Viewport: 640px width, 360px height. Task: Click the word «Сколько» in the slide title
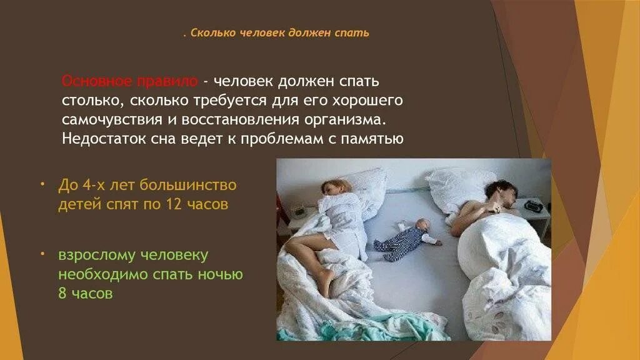tap(211, 32)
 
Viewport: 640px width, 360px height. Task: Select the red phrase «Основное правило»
tap(129, 82)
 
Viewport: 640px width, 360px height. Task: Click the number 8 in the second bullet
tap(62, 294)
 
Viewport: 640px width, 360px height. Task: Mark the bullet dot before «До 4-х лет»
tap(42, 185)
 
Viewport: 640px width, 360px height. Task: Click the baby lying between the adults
tap(406, 239)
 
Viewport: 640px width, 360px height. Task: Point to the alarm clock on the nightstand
tap(533, 205)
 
